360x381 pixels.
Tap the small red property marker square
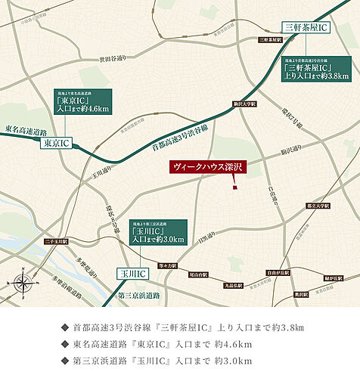tap(234, 187)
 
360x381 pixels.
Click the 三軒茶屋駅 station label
tap(271, 39)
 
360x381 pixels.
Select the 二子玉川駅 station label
tap(56, 241)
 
